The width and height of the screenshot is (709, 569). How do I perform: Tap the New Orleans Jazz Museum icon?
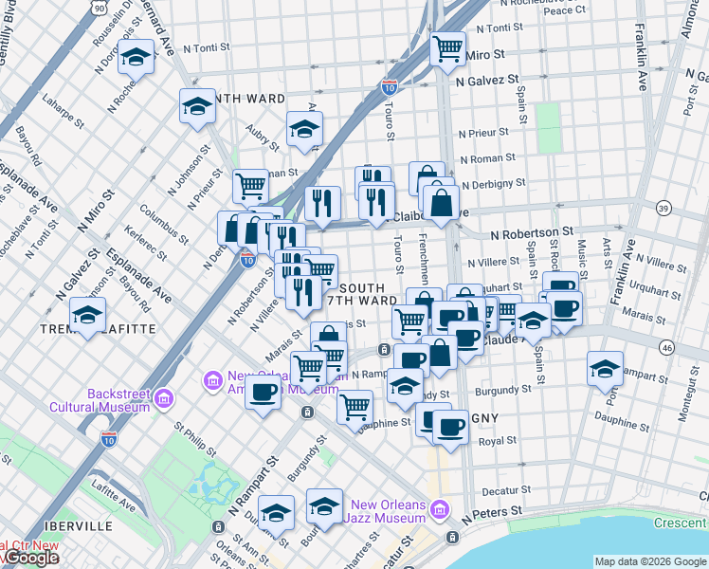coord(439,511)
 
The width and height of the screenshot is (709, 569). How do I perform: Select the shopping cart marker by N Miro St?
coord(447,47)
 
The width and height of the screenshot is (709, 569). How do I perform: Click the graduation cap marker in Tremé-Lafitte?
coord(88,315)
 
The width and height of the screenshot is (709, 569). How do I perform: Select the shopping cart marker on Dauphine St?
coord(354,407)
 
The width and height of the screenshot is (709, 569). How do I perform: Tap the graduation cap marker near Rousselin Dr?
coord(136,56)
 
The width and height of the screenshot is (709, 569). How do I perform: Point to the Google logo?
coord(30,559)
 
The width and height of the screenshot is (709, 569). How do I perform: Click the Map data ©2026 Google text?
coord(649,561)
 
